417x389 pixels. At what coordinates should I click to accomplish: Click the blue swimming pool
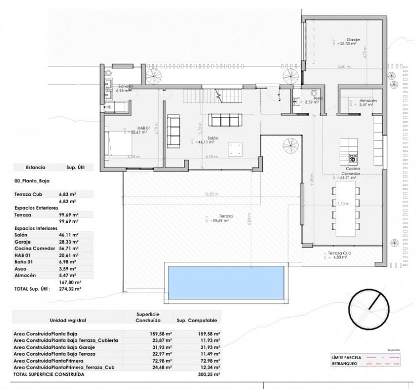pyautogui.click(x=225, y=282)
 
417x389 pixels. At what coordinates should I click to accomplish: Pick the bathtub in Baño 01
pyautogui.click(x=116, y=107)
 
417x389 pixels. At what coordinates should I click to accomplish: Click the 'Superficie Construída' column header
pyautogui.click(x=148, y=317)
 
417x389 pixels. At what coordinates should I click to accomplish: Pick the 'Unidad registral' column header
pyautogui.click(x=68, y=321)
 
